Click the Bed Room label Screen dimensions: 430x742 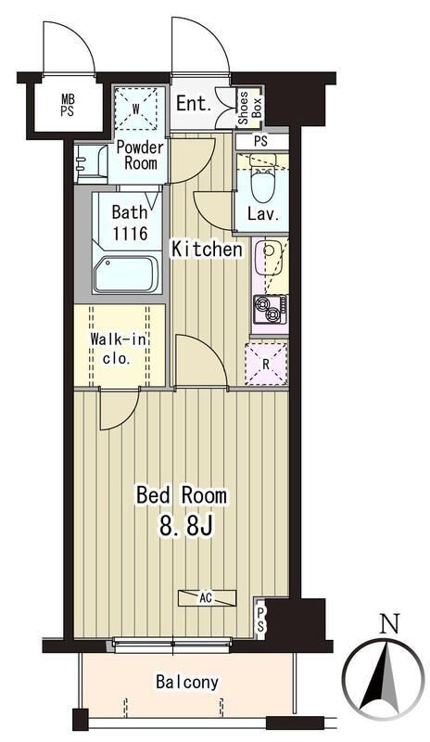[x=182, y=495]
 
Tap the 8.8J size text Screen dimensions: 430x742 [x=185, y=526]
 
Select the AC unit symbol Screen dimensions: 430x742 [x=207, y=597]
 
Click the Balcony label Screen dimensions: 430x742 [x=187, y=682]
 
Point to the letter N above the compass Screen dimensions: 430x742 [x=390, y=624]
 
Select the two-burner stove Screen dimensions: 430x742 [x=270, y=310]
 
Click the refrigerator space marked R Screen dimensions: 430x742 [x=266, y=365]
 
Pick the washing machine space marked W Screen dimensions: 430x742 [x=135, y=109]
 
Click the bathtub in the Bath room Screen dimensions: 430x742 [x=125, y=275]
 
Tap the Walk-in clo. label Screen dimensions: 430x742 [x=119, y=349]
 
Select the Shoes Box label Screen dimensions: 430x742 [x=250, y=108]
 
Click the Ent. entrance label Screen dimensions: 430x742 [x=194, y=104]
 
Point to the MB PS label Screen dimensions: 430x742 [x=68, y=107]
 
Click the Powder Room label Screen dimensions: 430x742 [x=140, y=155]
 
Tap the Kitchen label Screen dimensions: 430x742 [x=207, y=249]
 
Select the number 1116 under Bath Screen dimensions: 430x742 [x=130, y=233]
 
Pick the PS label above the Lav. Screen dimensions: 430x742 [x=260, y=141]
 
